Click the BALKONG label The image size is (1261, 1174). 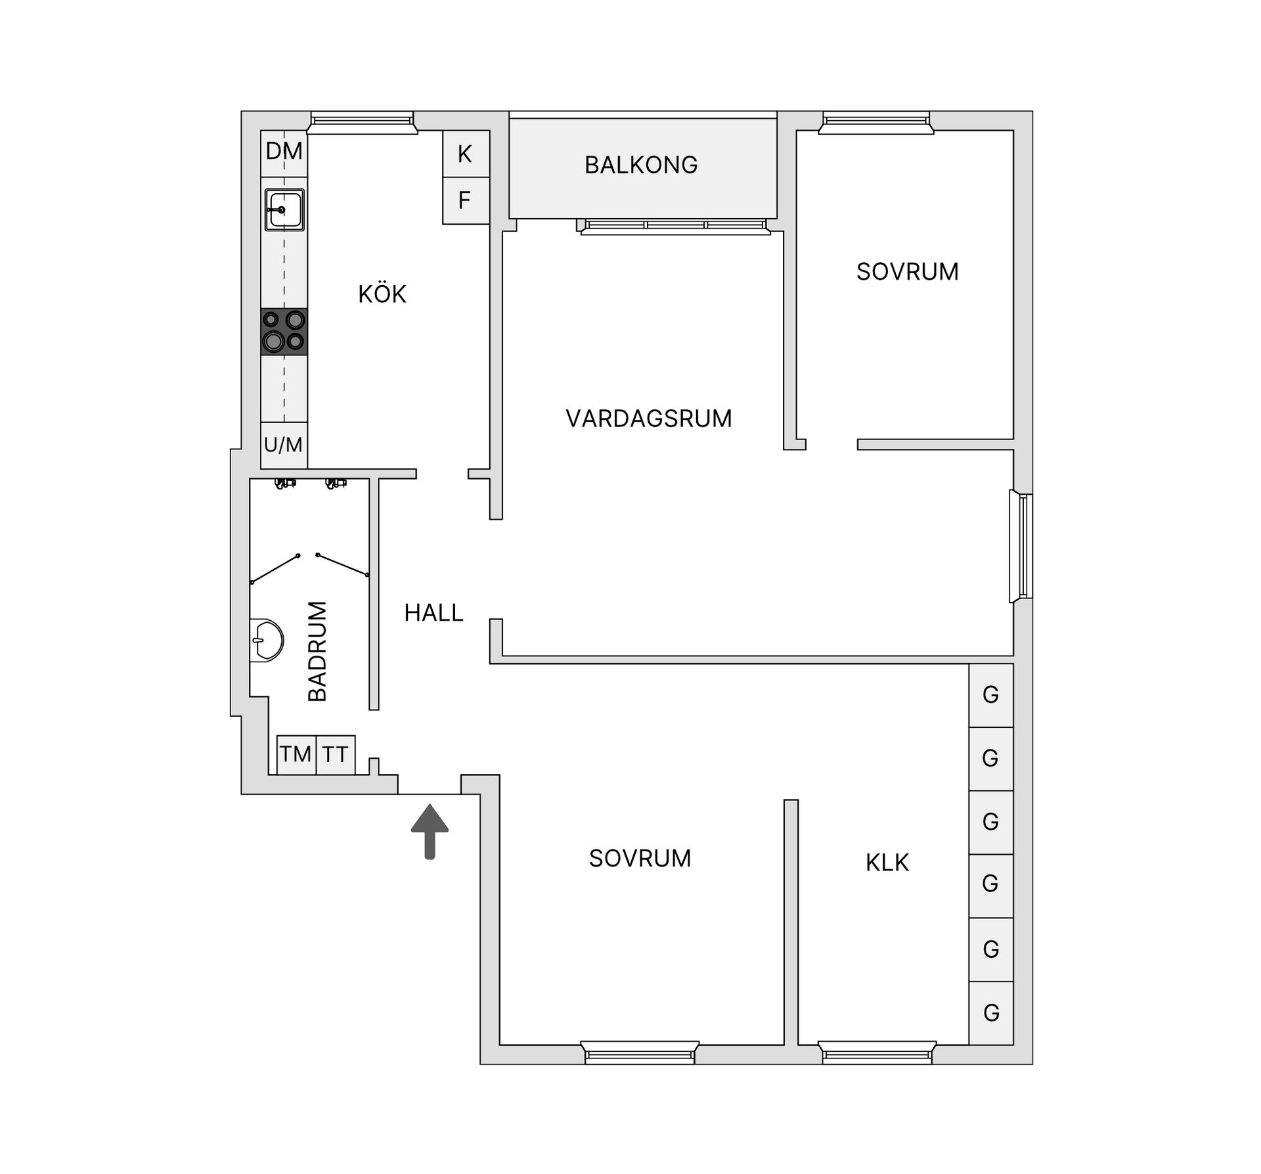[641, 165]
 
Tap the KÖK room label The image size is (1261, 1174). [382, 294]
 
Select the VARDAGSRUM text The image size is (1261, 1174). [649, 418]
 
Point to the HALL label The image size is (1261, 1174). [433, 613]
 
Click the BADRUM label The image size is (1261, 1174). [317, 651]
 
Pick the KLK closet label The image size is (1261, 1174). [887, 863]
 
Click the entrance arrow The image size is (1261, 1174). [430, 831]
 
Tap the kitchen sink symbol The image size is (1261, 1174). [284, 210]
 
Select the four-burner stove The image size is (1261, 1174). [284, 332]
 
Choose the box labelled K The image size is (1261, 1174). [466, 154]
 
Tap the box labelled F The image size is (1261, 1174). [466, 201]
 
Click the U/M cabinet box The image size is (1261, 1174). [284, 445]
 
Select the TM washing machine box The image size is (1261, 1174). [296, 755]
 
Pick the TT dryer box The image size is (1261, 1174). [336, 755]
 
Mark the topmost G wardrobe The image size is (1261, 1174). [991, 695]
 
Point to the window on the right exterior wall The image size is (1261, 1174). [1022, 547]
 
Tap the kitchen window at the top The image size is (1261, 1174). [363, 123]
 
